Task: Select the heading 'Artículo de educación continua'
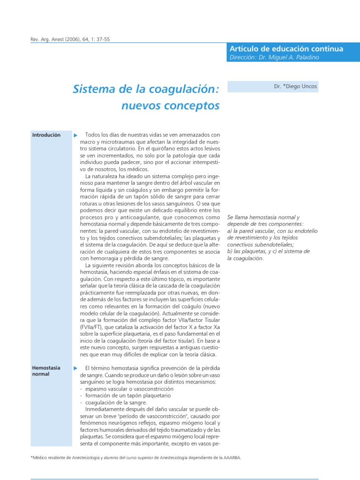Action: (x=286, y=49)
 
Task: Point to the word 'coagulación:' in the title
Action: (x=188, y=89)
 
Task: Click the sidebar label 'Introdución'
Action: (x=46, y=135)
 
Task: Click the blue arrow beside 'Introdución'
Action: (x=76, y=135)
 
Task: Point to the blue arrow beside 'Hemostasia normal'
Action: (x=76, y=368)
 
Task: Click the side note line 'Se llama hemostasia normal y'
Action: (x=263, y=218)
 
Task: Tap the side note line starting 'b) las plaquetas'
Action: (x=268, y=251)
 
